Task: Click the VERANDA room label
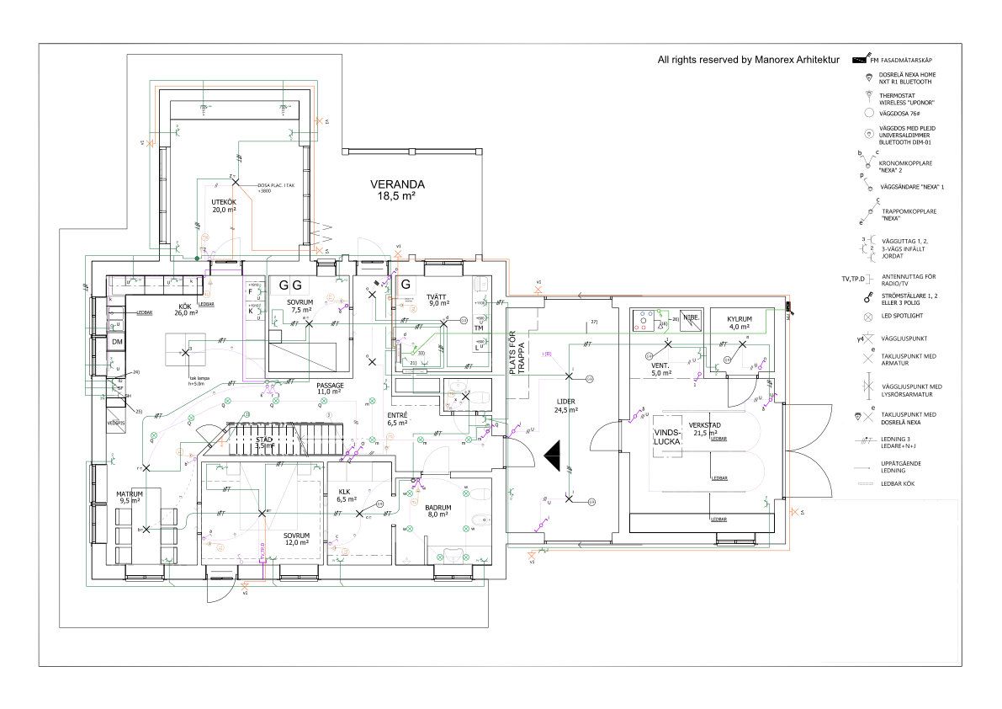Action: tap(398, 189)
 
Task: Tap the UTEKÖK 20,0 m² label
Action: tap(223, 206)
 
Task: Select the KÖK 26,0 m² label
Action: tap(185, 309)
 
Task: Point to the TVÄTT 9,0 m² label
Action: tap(436, 299)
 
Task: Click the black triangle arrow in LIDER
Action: tap(552, 457)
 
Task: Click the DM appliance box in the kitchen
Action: tap(117, 342)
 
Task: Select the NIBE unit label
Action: tap(691, 318)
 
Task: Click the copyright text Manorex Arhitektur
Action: tap(749, 60)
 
